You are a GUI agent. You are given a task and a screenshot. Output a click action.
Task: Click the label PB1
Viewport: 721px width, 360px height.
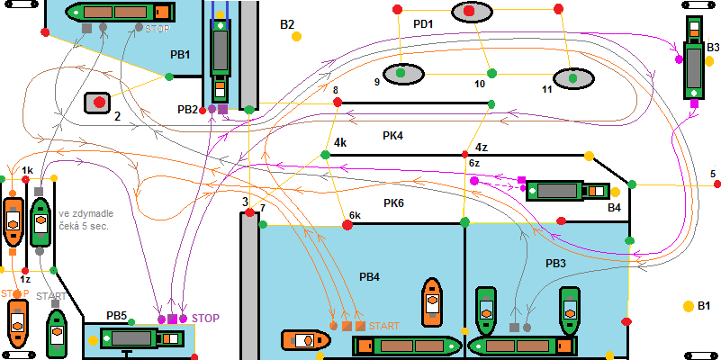point(180,55)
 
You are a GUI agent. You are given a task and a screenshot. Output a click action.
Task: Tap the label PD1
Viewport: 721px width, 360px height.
point(423,23)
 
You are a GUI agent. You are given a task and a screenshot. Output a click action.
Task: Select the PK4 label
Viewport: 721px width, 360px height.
point(393,136)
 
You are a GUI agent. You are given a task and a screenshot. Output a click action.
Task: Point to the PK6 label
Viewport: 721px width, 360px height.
point(393,203)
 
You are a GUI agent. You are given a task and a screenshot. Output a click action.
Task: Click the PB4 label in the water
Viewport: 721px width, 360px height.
point(370,276)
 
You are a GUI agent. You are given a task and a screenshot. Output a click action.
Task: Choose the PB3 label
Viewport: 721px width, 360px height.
point(555,264)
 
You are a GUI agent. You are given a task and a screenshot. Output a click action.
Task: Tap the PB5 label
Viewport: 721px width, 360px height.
point(117,316)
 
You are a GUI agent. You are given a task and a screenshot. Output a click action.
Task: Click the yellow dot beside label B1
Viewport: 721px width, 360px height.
point(689,305)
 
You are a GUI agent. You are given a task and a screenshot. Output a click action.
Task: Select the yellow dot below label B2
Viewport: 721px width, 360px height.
point(296,37)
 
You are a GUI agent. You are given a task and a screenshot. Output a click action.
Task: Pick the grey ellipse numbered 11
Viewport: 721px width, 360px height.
point(570,78)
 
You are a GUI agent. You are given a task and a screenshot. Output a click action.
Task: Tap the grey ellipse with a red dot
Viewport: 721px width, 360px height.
point(469,12)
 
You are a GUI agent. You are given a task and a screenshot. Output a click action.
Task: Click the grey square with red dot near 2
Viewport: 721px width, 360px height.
point(96,102)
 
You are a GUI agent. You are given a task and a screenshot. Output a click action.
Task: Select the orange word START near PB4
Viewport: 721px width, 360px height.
point(383,326)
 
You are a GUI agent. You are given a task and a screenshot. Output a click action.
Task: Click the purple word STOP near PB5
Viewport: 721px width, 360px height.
point(205,318)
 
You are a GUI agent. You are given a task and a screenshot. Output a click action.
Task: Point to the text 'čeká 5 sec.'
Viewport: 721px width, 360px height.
point(86,226)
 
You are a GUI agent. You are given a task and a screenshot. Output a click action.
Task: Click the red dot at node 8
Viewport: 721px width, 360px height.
point(338,103)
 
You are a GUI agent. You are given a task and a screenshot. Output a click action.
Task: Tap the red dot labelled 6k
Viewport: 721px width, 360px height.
point(345,227)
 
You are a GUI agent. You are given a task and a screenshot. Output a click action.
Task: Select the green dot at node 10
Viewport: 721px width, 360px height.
point(491,73)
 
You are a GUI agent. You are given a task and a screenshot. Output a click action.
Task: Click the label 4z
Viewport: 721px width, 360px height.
point(482,147)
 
